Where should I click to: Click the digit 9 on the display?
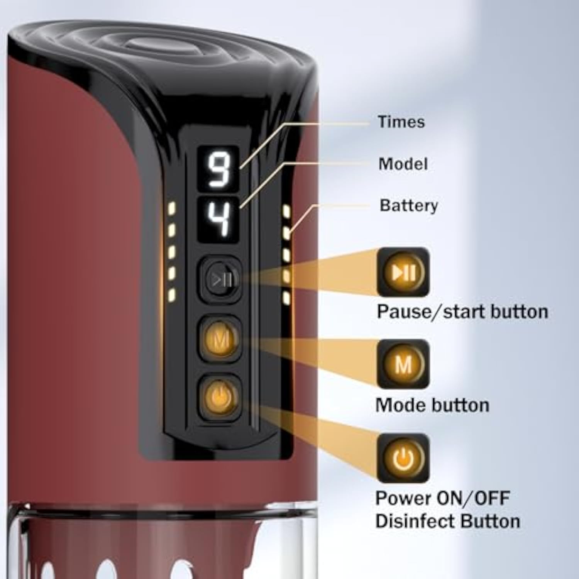coord(218,169)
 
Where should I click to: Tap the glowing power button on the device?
coord(219,396)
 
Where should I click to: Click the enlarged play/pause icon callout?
coord(403,272)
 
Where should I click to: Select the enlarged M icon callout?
coord(403,364)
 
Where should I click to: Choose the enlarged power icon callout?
coord(403,458)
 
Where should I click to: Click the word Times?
coord(401,122)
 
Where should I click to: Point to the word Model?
coord(403,164)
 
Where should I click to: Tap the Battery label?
coord(409,205)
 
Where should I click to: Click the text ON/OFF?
coord(473,498)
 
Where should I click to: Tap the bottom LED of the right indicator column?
coord(286,297)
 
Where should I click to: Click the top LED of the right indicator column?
coord(286,210)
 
